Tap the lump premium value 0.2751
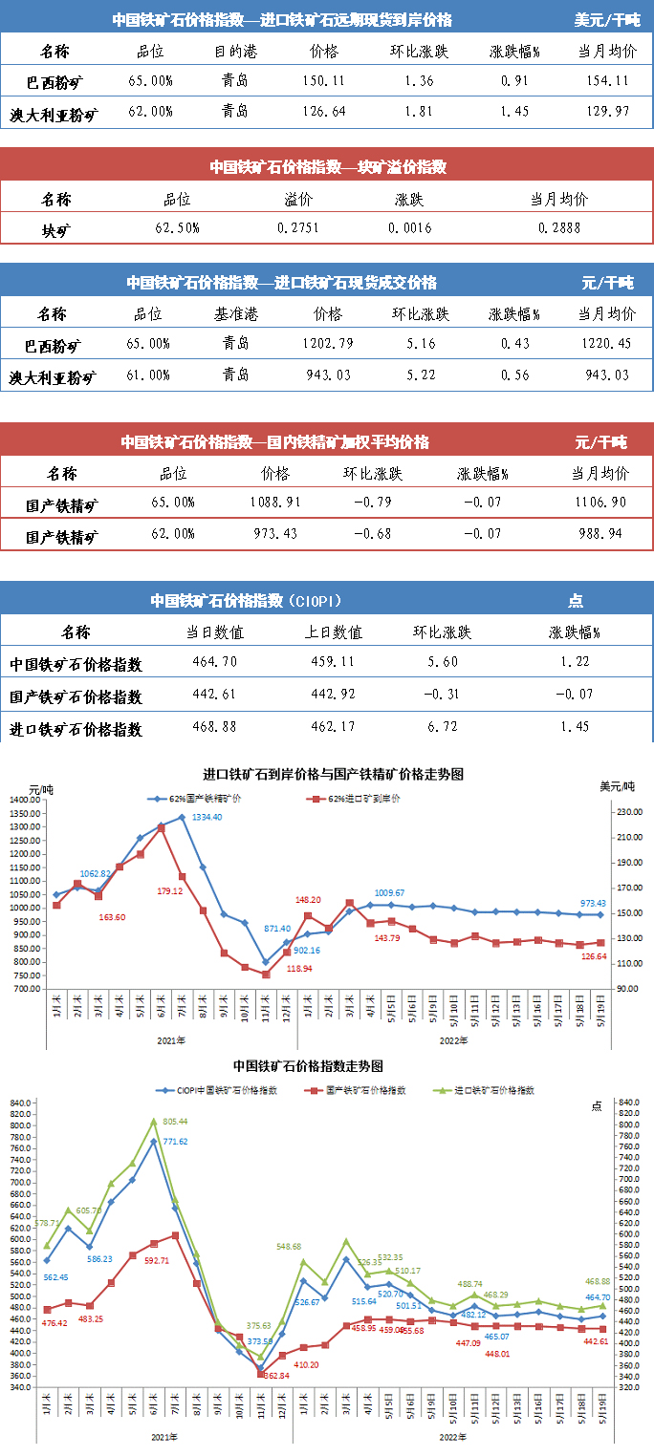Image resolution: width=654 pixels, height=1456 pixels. pyautogui.click(x=298, y=228)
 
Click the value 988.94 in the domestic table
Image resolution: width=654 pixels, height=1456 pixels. pyautogui.click(x=600, y=533)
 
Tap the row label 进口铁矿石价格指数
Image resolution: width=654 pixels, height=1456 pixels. pyautogui.click(x=76, y=728)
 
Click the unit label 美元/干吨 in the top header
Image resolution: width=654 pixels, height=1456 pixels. pyautogui.click(x=607, y=19)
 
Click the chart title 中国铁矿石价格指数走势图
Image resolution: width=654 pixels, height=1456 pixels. pyautogui.click(x=308, y=1065)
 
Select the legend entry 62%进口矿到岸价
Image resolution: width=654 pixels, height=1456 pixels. pyautogui.click(x=358, y=798)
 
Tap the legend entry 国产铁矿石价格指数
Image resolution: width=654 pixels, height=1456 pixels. pyautogui.click(x=360, y=1090)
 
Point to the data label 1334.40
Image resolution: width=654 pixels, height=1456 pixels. pyautogui.click(x=207, y=818)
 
